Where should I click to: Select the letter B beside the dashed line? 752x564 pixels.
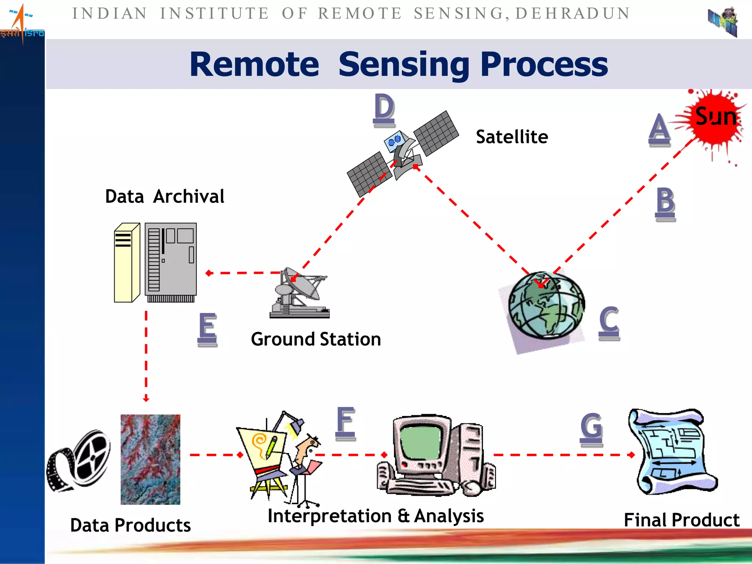[665, 201]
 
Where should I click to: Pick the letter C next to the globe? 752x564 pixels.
[609, 320]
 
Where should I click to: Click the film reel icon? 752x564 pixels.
[79, 461]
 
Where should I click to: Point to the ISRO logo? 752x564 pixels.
[22, 24]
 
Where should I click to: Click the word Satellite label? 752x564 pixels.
[512, 137]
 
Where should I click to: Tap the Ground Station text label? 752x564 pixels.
[316, 339]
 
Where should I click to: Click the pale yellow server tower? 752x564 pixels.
[126, 263]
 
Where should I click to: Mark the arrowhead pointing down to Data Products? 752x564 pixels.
[146, 399]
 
